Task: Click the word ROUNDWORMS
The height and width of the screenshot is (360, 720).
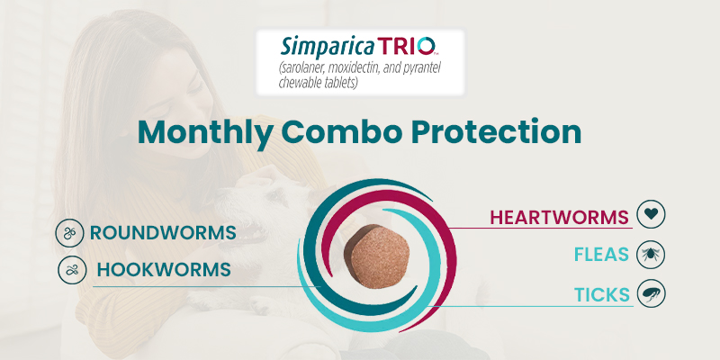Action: (163, 233)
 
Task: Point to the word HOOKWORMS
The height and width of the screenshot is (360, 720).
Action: (164, 269)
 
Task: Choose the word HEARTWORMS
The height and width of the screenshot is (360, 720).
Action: (559, 217)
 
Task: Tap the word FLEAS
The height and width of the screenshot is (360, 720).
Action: (602, 255)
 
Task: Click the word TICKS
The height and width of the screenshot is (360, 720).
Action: (601, 292)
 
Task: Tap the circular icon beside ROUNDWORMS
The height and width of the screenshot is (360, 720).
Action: (69, 233)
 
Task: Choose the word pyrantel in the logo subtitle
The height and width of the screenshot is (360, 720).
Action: (433, 67)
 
